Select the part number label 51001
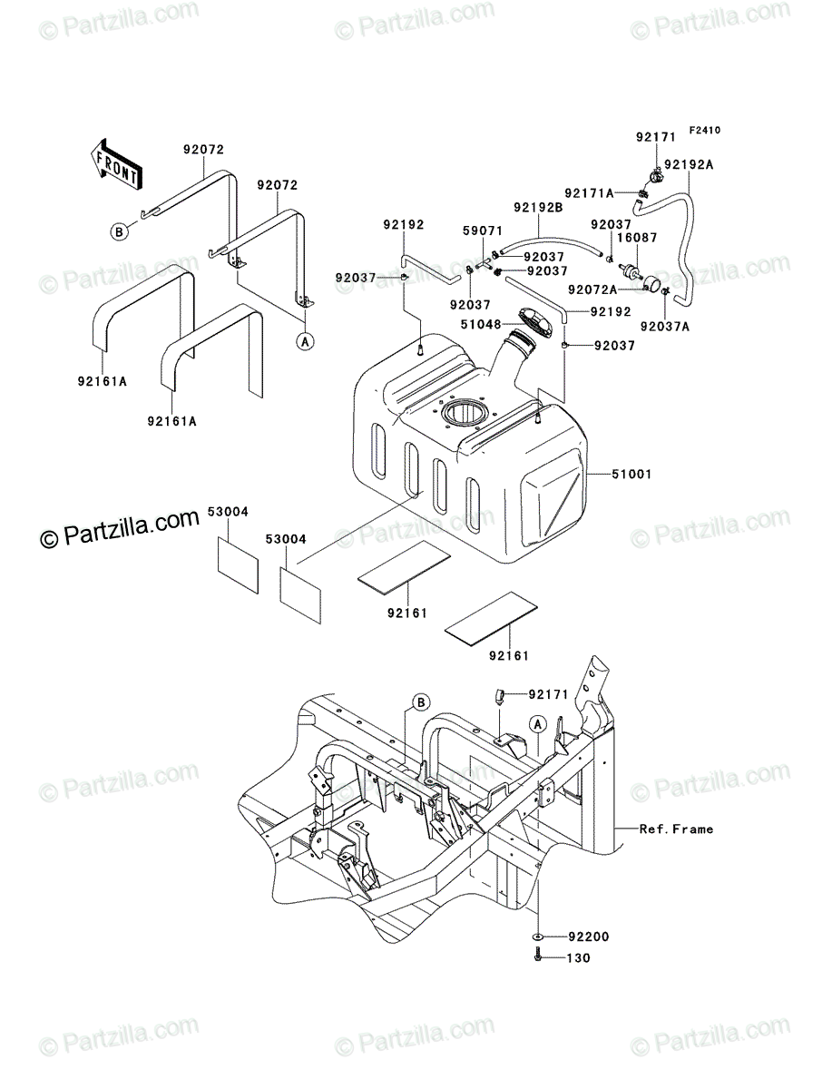[631, 474]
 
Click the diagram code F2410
[705, 131]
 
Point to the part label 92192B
[538, 208]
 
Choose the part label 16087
[637, 238]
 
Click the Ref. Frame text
[676, 829]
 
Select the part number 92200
[589, 937]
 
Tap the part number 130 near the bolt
[578, 958]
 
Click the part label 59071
[483, 231]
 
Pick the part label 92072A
[592, 289]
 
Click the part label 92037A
[665, 327]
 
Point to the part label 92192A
[689, 165]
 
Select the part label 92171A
[589, 193]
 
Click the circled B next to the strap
[119, 231]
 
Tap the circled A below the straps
[306, 341]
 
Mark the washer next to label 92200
[538, 937]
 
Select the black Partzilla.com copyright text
[120, 530]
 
